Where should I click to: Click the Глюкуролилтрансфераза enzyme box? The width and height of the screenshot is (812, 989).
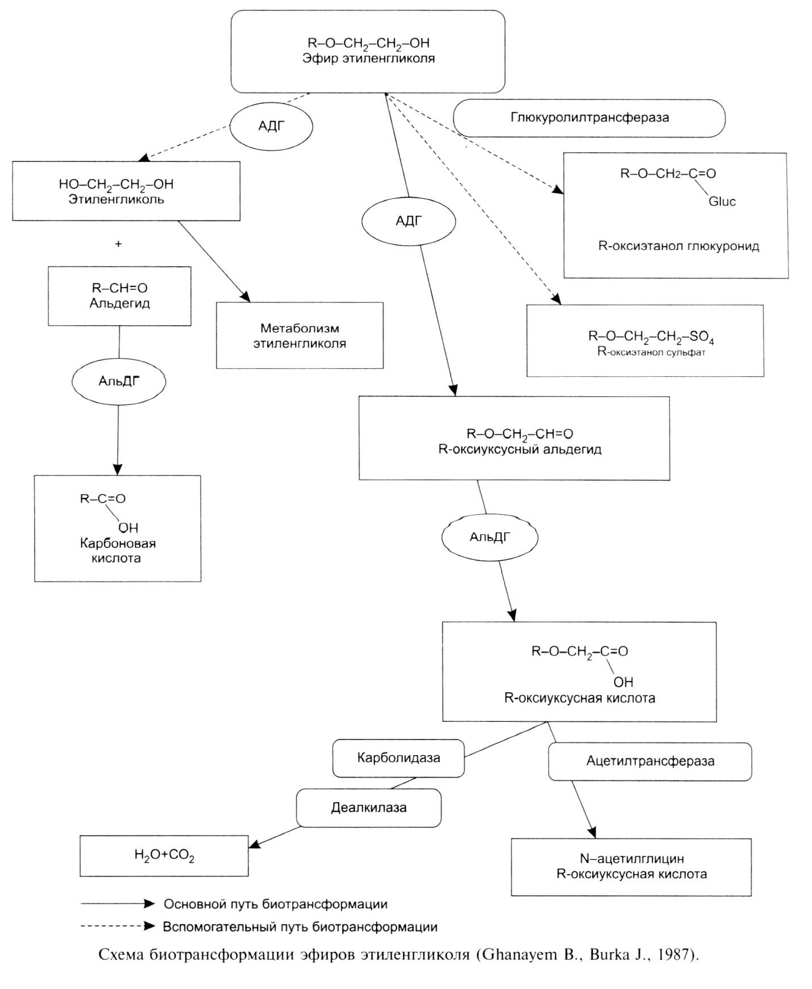(589, 118)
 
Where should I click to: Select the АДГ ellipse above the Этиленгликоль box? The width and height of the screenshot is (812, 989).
(271, 126)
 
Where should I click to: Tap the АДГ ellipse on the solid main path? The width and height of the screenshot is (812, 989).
(409, 221)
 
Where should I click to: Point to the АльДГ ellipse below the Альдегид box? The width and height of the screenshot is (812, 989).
(119, 381)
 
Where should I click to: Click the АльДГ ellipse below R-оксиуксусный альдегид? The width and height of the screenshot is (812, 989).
(490, 537)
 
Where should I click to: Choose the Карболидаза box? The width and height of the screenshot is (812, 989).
(398, 758)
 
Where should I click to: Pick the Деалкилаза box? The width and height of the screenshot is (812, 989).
(369, 808)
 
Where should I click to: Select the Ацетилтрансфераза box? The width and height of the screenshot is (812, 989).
(650, 761)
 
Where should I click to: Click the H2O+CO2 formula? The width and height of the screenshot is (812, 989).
(164, 855)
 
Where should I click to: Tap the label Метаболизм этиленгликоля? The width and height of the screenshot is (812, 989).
(299, 336)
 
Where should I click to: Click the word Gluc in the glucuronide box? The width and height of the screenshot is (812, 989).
(722, 201)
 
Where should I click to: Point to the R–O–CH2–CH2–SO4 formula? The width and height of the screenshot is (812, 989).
(651, 337)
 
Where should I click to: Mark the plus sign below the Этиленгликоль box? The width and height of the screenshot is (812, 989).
(118, 244)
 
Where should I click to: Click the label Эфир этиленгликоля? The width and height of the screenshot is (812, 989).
(368, 59)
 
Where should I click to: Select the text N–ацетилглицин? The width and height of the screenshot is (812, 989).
(631, 859)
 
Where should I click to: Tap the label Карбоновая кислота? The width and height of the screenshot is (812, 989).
(118, 550)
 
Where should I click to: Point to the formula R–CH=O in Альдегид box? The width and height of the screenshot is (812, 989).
(119, 288)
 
